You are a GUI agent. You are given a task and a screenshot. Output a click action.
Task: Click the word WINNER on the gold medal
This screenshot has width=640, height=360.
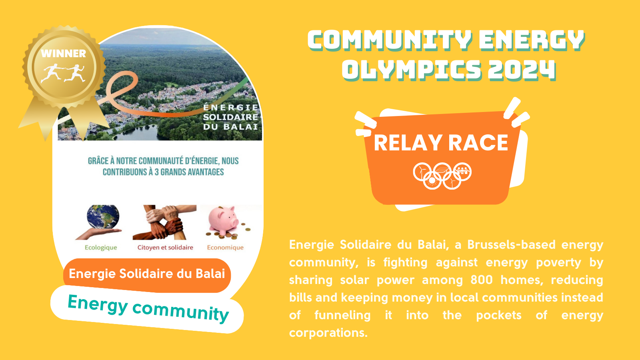[x=64, y=54]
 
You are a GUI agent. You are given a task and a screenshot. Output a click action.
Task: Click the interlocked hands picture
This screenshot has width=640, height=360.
[x=164, y=222]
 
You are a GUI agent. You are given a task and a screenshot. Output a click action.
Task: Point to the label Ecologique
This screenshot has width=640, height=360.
[x=101, y=248]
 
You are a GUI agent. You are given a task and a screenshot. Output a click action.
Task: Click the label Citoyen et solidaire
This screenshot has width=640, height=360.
[x=165, y=248]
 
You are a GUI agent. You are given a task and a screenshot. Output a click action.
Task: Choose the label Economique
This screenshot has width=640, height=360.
[x=225, y=248]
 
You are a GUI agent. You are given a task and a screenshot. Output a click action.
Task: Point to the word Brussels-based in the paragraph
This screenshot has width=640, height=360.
[x=512, y=244]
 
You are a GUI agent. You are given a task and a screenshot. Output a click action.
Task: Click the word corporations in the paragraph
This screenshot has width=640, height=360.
[x=328, y=333]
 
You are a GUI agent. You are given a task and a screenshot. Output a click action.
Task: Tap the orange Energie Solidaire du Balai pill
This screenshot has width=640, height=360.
[x=147, y=275]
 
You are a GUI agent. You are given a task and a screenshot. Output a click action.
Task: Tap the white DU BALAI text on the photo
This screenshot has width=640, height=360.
[x=230, y=126]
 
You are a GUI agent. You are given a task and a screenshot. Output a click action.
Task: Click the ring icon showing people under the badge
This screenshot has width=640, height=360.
[x=462, y=172]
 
